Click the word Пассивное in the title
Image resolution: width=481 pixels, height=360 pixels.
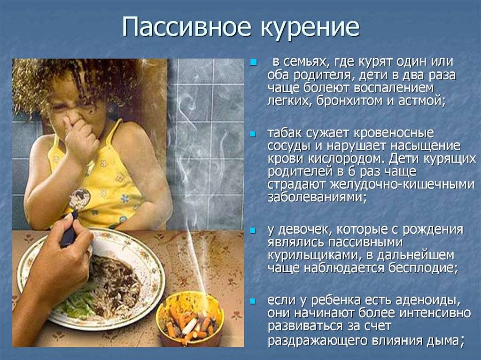pyautogui.click(x=187, y=27)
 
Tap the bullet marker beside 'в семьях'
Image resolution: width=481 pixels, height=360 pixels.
pyautogui.click(x=253, y=62)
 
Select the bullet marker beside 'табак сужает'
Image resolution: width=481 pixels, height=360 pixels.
pyautogui.click(x=253, y=134)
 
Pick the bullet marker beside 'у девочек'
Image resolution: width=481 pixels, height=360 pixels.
pyautogui.click(x=253, y=230)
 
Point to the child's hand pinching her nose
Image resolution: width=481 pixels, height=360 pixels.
pyautogui.click(x=79, y=135)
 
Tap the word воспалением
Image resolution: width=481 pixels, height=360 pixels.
pyautogui.click(x=394, y=88)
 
